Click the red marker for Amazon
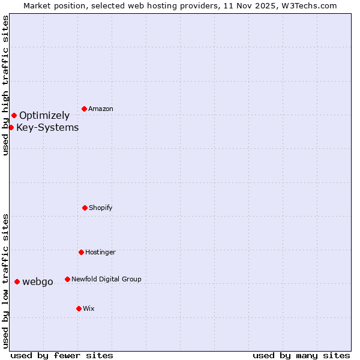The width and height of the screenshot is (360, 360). click(84, 109)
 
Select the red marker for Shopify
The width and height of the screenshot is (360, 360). click(85, 208)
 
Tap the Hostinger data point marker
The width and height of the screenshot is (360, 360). click(81, 252)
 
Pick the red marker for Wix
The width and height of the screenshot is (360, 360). click(79, 308)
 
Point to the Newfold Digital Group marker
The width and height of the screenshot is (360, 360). click(67, 279)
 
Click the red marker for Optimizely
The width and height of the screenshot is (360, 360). click(14, 115)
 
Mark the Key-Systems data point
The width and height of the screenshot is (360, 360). click(11, 127)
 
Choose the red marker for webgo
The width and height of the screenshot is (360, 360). click(17, 281)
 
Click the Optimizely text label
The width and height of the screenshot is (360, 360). click(44, 116)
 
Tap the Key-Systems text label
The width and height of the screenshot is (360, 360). click(47, 127)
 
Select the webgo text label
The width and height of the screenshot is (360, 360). click(38, 282)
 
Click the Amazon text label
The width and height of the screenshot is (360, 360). click(101, 109)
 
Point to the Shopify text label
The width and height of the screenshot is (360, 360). click(101, 208)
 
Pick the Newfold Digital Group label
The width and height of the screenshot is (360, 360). click(106, 280)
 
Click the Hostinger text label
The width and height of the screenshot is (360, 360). click(100, 253)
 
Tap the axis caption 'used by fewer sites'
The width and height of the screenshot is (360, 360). click(62, 355)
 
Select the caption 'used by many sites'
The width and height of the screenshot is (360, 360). click(301, 355)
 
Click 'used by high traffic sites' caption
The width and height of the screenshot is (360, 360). click(6, 85)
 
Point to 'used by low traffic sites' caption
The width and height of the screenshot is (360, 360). click(6, 281)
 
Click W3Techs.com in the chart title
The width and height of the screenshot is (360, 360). click(310, 5)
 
